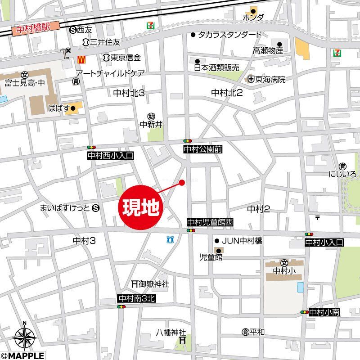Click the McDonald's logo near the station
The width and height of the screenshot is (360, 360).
(81, 58)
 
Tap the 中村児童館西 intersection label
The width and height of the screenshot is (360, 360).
(211, 222)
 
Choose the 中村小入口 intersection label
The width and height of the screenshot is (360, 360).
(324, 242)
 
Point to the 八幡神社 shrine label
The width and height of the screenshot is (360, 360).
(171, 333)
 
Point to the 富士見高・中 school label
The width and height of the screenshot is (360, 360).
(24, 83)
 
